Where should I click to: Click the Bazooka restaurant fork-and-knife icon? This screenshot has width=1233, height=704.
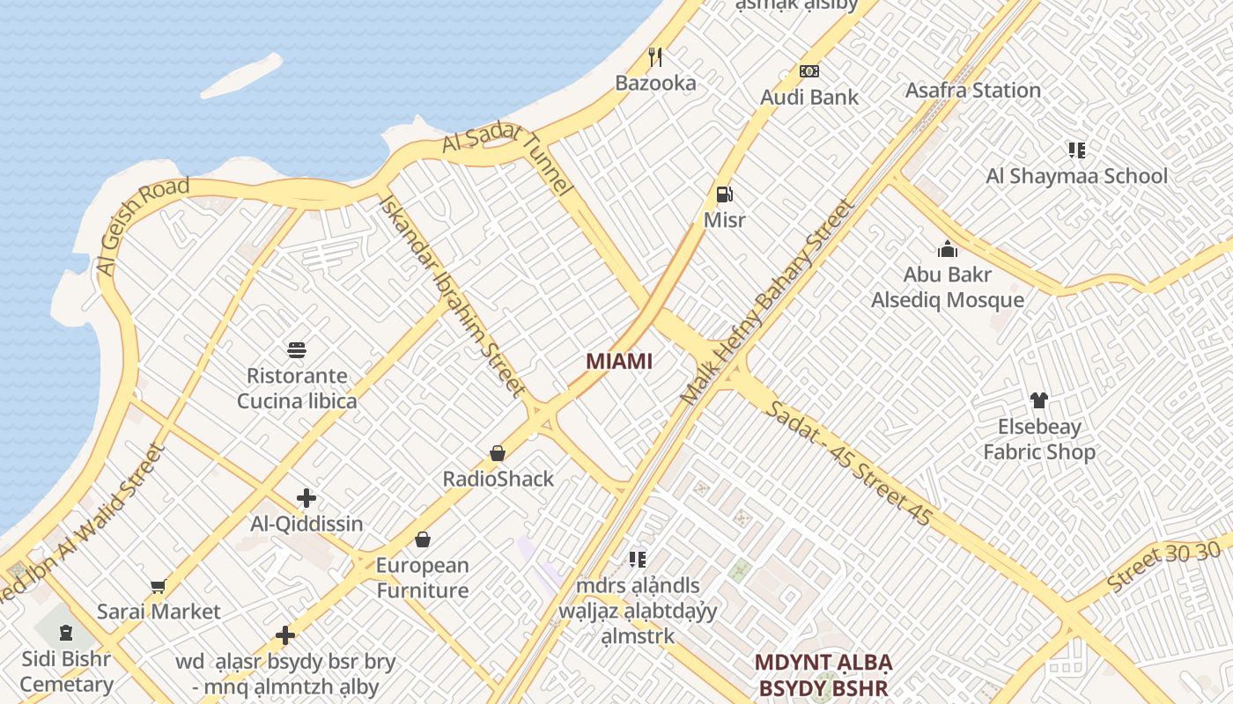(655, 57)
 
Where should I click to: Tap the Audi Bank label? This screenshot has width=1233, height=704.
(809, 97)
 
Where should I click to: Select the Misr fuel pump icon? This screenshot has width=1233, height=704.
(724, 194)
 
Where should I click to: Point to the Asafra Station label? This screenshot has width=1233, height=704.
(973, 90)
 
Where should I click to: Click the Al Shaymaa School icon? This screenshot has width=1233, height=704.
(1076, 150)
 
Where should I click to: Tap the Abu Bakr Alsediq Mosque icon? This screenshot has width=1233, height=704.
(948, 249)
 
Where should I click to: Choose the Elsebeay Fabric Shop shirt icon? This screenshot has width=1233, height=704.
(1039, 400)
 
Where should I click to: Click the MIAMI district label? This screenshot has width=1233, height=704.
(619, 361)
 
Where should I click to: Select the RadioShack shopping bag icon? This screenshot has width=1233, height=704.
(498, 453)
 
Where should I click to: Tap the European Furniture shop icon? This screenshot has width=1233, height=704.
(423, 539)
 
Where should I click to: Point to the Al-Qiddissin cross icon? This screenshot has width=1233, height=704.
(306, 498)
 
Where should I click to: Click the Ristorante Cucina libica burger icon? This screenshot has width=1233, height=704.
(297, 350)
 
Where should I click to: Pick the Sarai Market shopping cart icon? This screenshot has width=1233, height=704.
(159, 586)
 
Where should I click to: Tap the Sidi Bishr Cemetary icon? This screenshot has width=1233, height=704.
(66, 632)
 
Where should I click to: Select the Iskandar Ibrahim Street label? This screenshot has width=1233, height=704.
(451, 296)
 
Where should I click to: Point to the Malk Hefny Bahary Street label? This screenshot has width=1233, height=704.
(767, 302)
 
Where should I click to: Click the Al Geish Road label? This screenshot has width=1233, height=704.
(143, 225)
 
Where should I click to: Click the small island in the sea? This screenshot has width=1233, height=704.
(241, 76)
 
